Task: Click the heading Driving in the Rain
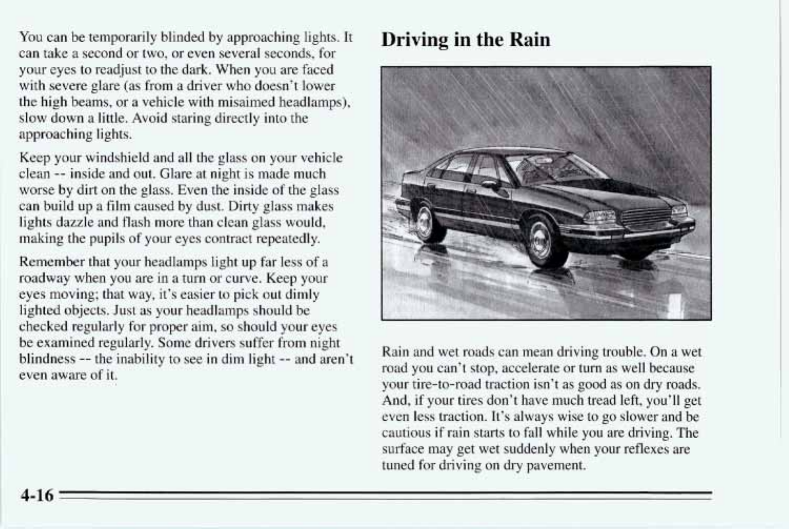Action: click(466, 40)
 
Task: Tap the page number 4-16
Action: click(37, 495)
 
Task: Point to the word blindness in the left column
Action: click(47, 360)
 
